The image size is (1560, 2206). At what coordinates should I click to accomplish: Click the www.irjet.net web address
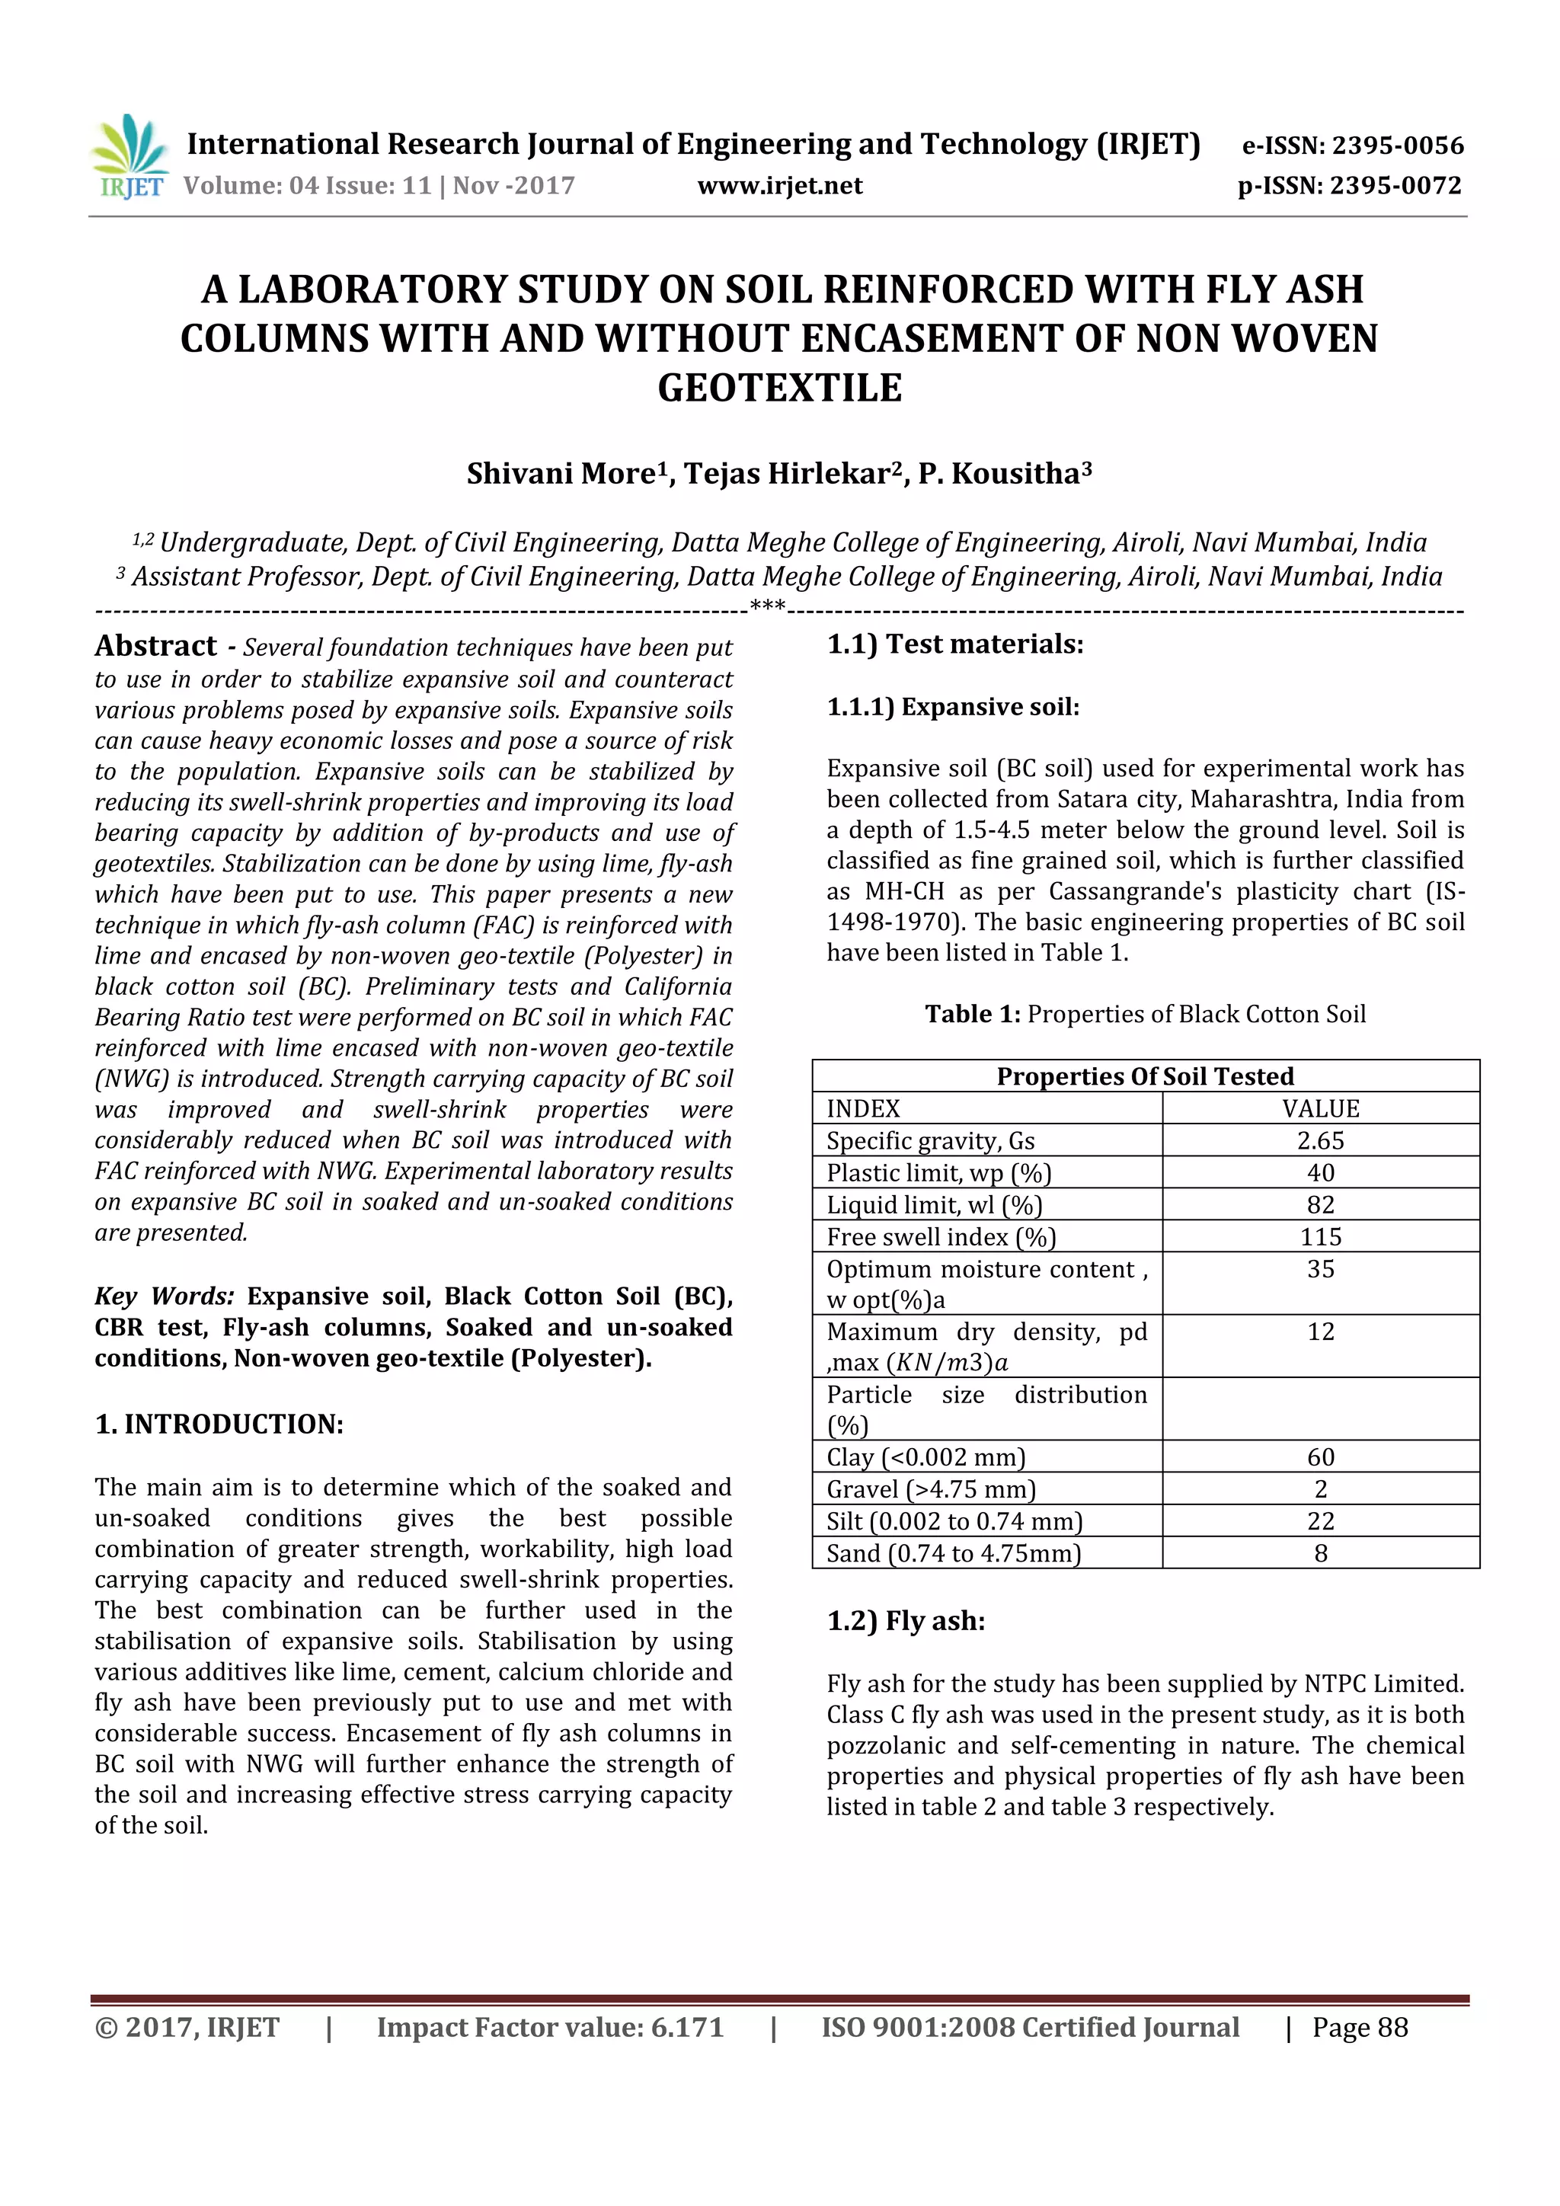[x=779, y=185]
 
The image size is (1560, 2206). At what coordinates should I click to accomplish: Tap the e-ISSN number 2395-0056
[x=1398, y=146]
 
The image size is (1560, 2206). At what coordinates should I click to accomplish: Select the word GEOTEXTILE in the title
[x=779, y=387]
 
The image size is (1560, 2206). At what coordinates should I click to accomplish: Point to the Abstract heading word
[x=155, y=646]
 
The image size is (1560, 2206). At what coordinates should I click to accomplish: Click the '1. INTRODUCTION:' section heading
[x=219, y=1424]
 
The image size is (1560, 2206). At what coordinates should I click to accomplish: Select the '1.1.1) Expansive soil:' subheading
[x=953, y=707]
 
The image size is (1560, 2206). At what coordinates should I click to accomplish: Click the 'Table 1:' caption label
[x=972, y=1015]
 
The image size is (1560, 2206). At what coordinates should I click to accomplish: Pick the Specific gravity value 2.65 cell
[x=1320, y=1140]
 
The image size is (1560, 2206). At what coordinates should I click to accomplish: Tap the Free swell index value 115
[x=1320, y=1236]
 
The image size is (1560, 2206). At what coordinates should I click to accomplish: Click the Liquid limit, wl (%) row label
[x=934, y=1205]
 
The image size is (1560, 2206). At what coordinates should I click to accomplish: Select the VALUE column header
[x=1320, y=1109]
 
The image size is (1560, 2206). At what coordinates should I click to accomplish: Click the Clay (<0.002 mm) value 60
[x=1320, y=1456]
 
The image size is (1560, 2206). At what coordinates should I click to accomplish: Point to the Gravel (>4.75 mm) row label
[x=931, y=1489]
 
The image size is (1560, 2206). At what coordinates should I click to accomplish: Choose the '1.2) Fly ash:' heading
[x=906, y=1621]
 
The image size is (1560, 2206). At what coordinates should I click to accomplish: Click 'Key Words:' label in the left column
[x=165, y=1296]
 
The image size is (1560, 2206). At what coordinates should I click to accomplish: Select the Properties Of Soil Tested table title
[x=1145, y=1076]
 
